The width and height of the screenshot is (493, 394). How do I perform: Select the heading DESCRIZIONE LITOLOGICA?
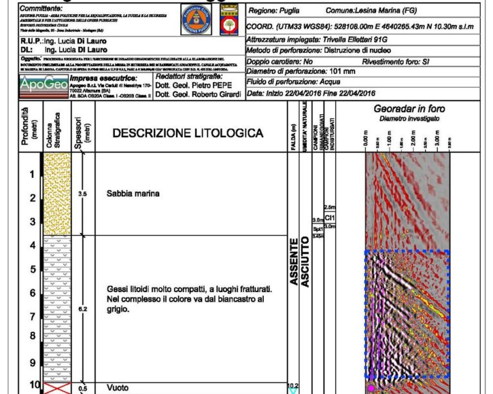pyautogui.click(x=188, y=133)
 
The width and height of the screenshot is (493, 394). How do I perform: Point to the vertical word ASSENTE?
pyautogui.click(x=293, y=262)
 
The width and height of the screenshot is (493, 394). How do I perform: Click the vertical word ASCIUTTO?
pyautogui.click(x=305, y=262)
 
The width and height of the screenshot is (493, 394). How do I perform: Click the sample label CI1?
pyautogui.click(x=331, y=217)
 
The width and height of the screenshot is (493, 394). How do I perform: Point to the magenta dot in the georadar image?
pyautogui.click(x=370, y=388)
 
